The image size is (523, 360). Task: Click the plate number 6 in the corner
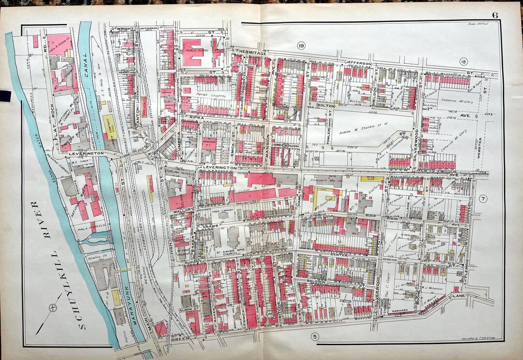[495, 15]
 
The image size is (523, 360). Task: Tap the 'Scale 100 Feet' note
[478, 24]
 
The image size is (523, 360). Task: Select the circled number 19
[301, 46]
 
